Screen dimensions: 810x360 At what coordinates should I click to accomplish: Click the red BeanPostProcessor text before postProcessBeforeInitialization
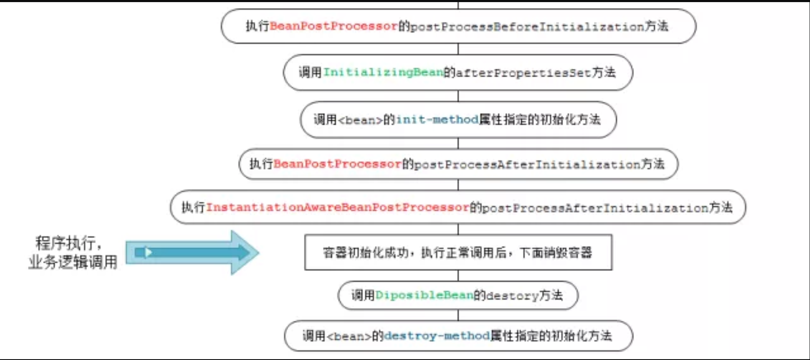[x=333, y=26]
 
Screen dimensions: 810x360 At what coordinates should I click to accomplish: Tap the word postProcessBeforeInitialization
[x=527, y=27]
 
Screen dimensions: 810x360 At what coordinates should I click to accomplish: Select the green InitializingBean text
[x=383, y=73]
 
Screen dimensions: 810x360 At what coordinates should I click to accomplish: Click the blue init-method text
[x=436, y=120]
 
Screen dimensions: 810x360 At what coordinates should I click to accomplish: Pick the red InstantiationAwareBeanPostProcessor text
[x=337, y=207]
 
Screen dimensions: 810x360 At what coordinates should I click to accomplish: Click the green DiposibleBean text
[x=424, y=295]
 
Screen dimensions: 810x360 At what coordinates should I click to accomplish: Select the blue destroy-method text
[x=436, y=336]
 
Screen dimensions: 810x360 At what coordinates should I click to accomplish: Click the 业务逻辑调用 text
[x=73, y=262]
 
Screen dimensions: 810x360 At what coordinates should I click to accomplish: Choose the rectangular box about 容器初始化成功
[x=458, y=252]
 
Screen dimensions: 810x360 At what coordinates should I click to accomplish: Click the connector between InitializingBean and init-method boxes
[x=458, y=96]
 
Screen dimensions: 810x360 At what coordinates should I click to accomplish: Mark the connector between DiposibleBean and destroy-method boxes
[x=458, y=315]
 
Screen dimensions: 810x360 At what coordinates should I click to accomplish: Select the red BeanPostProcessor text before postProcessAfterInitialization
[x=337, y=164]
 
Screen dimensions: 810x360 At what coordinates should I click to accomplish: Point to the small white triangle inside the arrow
[x=148, y=252]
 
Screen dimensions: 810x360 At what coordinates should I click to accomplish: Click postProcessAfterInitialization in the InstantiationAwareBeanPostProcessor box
[x=595, y=208]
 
